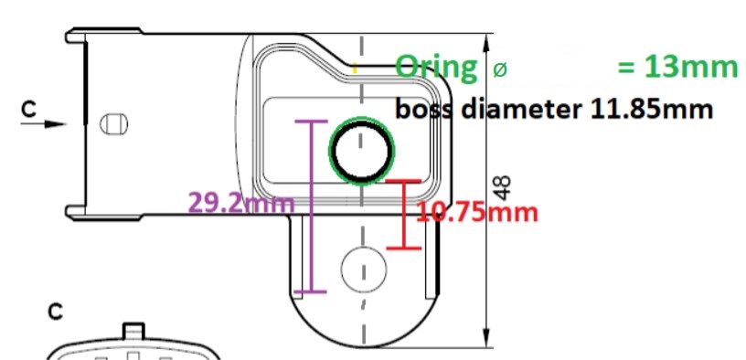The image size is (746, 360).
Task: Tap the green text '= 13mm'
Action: point(677,67)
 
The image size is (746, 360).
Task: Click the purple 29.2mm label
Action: point(240,202)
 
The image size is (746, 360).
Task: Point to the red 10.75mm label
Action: point(476,213)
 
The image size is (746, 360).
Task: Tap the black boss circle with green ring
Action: point(360,151)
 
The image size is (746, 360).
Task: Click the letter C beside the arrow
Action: point(29,110)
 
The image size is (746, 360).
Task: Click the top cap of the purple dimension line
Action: point(312,122)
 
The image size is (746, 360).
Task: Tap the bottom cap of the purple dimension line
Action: point(312,291)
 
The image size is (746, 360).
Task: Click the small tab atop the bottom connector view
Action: point(133,330)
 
